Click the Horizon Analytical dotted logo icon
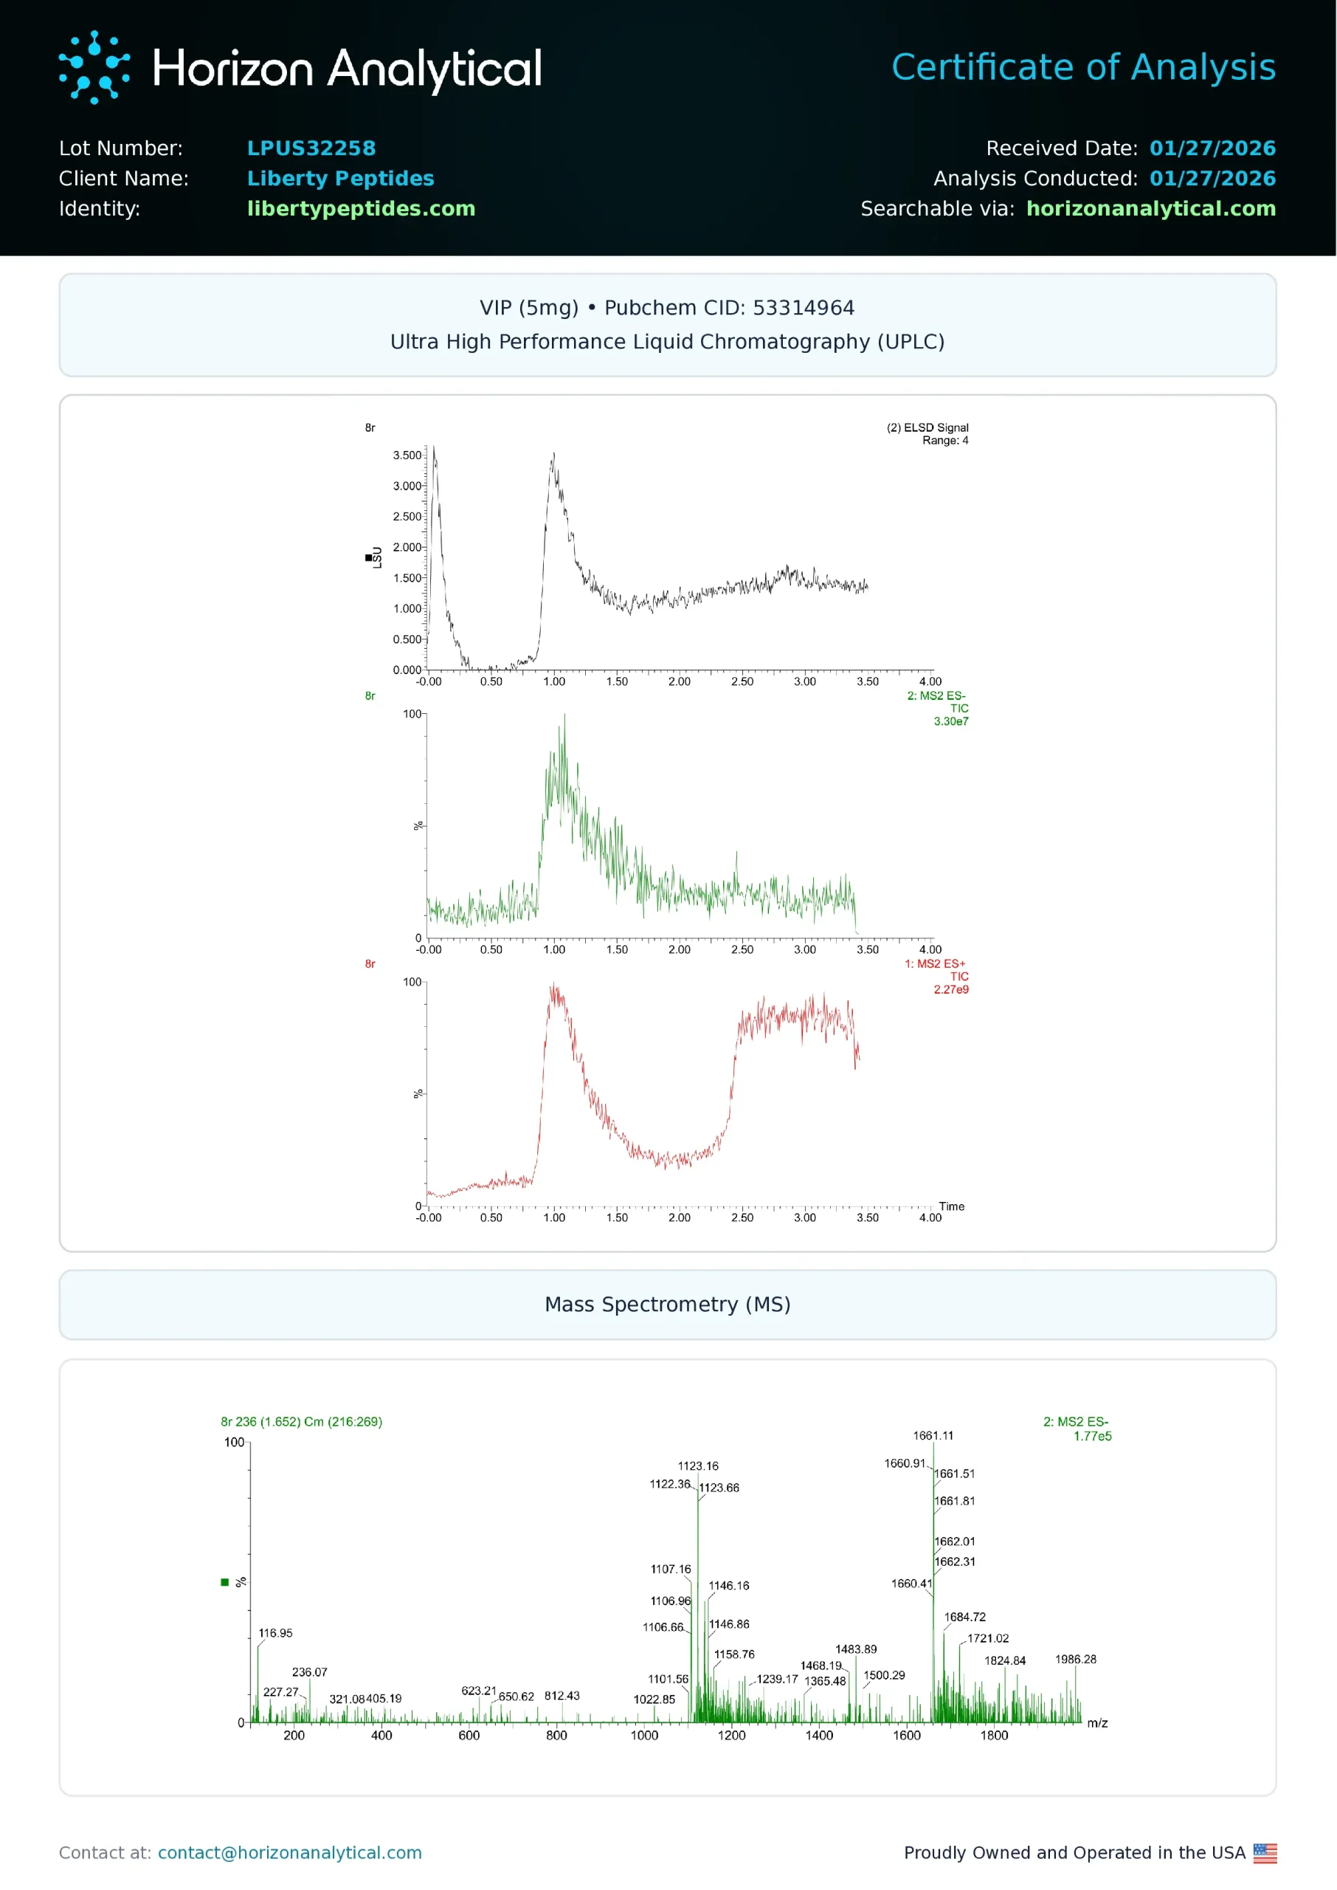point(94,67)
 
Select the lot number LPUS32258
point(311,148)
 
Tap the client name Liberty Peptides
point(340,179)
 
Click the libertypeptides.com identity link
point(361,209)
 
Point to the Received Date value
point(1212,148)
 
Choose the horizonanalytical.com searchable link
point(1150,209)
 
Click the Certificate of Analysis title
point(1082,67)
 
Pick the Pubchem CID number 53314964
point(803,308)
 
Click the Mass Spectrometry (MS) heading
point(667,1305)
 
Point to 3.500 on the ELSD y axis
point(407,456)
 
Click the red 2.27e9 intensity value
point(951,990)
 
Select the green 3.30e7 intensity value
point(951,721)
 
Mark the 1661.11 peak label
point(933,1436)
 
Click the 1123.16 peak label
point(697,1467)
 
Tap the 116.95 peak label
point(275,1634)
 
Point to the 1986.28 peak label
point(1075,1660)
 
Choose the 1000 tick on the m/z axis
point(644,1736)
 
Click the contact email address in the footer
point(289,1853)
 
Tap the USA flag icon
point(1265,1853)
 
